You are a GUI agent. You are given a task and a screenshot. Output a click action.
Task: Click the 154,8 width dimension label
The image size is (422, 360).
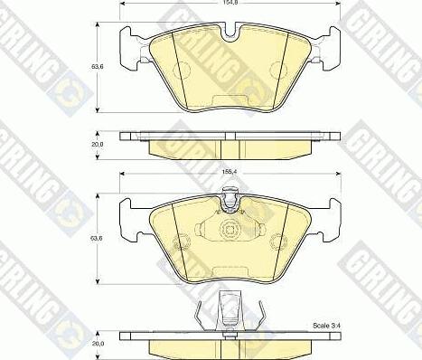point(231,5)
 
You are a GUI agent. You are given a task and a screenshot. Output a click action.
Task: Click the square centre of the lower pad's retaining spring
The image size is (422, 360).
point(230,231)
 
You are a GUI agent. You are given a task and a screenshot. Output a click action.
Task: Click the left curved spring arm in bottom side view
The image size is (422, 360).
point(201,315)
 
